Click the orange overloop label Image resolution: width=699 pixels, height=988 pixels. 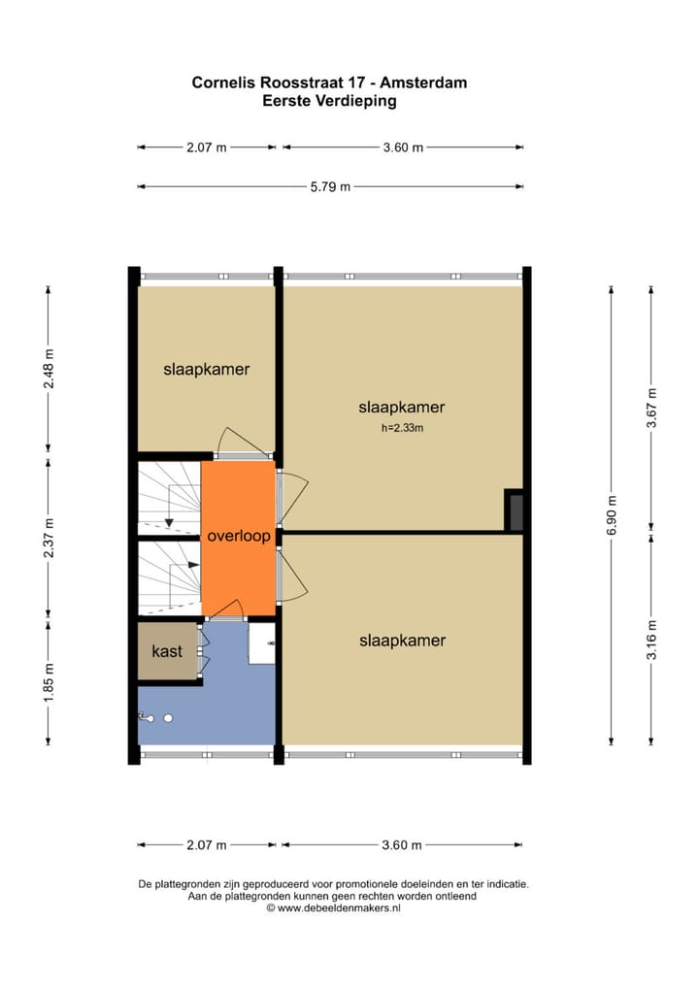[238, 536]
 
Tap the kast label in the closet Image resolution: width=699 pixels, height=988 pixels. [168, 652]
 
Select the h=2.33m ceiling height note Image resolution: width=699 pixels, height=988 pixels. [402, 428]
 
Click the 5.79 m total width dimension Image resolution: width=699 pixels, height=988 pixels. [330, 187]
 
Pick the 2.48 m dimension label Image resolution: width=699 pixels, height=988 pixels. [49, 368]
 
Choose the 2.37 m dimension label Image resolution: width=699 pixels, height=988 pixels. [49, 536]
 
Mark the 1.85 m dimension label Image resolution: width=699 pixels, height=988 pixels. [49, 683]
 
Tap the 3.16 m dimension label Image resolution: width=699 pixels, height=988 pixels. [652, 640]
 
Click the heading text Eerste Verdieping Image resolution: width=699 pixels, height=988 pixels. [330, 100]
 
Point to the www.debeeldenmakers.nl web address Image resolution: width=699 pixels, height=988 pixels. [339, 908]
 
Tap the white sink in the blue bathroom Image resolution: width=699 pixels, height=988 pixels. [262, 642]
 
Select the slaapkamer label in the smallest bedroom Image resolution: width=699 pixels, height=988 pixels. [207, 369]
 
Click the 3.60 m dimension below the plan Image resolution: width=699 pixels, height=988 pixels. [402, 845]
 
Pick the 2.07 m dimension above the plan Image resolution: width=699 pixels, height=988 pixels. [206, 148]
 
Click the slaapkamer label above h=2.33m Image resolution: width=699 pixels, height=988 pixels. [402, 408]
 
